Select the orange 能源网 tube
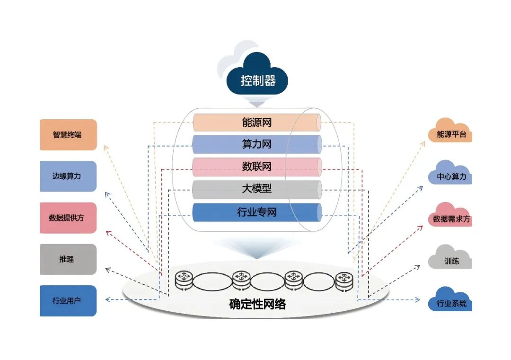[257, 123]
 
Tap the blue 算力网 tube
[257, 144]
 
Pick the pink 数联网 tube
[257, 167]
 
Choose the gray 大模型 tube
[257, 190]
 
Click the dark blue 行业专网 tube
[257, 212]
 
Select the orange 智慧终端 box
[68, 135]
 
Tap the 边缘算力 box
[68, 176]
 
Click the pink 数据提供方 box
[68, 218]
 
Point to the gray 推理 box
[68, 259]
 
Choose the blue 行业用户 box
[68, 300]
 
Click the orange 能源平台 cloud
[450, 133]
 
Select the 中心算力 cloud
[450, 176]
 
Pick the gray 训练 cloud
[450, 260]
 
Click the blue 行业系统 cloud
[450, 301]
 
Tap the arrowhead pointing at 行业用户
[107, 299]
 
